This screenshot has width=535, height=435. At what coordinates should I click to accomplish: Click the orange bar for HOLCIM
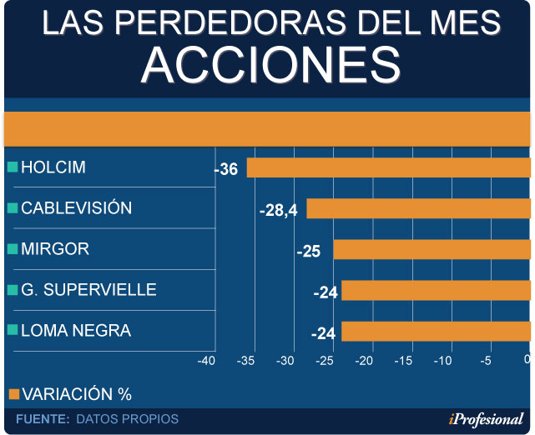(x=388, y=167)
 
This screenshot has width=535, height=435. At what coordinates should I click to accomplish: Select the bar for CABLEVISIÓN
(x=418, y=208)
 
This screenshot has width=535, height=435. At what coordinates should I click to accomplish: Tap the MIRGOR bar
(x=432, y=250)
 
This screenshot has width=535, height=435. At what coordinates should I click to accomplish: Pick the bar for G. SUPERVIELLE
(x=436, y=291)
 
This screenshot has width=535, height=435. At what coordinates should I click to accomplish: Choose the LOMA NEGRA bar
(x=436, y=332)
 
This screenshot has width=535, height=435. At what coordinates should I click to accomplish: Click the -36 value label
(x=226, y=169)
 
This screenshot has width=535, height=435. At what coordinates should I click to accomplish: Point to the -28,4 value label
(x=279, y=210)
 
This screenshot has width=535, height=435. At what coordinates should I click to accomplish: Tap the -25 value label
(x=309, y=251)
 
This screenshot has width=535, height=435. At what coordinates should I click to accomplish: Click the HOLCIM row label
(x=53, y=167)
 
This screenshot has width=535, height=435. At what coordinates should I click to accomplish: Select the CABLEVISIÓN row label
(x=76, y=208)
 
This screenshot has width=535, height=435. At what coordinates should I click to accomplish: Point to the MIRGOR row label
(x=55, y=249)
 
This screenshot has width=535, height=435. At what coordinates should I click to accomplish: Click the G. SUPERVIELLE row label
(x=88, y=290)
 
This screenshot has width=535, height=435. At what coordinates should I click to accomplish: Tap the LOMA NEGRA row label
(x=76, y=331)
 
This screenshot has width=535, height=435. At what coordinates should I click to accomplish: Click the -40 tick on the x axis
(x=206, y=361)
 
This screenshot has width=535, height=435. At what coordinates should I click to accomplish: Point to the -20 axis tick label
(x=364, y=361)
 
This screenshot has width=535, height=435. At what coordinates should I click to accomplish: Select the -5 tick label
(x=485, y=361)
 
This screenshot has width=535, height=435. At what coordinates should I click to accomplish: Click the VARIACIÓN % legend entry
(x=76, y=394)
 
